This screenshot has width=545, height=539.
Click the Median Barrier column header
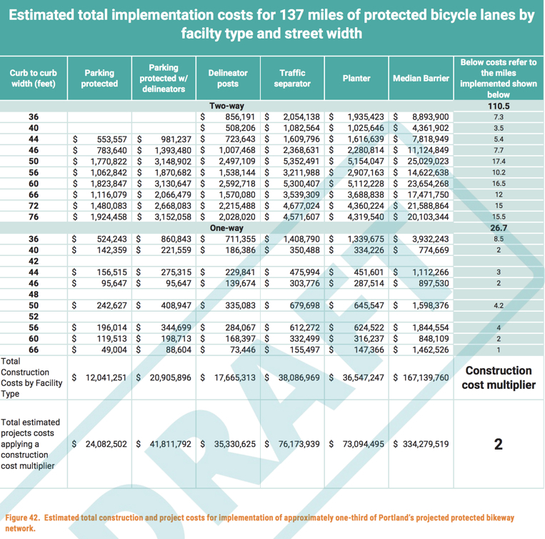click(421, 78)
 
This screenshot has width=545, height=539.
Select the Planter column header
click(356, 78)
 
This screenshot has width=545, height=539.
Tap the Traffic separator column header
click(292, 78)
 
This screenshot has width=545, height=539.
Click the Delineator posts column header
click(228, 78)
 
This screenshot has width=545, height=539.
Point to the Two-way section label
click(226, 106)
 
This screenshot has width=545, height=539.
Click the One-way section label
click(226, 228)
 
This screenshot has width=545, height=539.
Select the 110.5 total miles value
click(499, 106)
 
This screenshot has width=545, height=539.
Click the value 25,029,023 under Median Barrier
click(428, 162)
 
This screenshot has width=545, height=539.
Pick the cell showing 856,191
click(240, 117)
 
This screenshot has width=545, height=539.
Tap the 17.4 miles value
click(499, 162)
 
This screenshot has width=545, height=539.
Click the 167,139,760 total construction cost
click(426, 377)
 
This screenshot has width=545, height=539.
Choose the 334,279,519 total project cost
click(426, 444)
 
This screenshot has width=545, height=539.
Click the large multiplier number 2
click(499, 444)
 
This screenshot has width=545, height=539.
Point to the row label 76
click(34, 217)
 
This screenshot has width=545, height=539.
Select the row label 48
click(34, 295)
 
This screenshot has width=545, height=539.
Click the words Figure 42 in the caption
click(21, 518)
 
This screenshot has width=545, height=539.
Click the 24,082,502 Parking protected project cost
click(106, 444)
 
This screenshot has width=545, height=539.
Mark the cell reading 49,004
click(114, 350)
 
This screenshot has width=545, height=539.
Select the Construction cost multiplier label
click(499, 377)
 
